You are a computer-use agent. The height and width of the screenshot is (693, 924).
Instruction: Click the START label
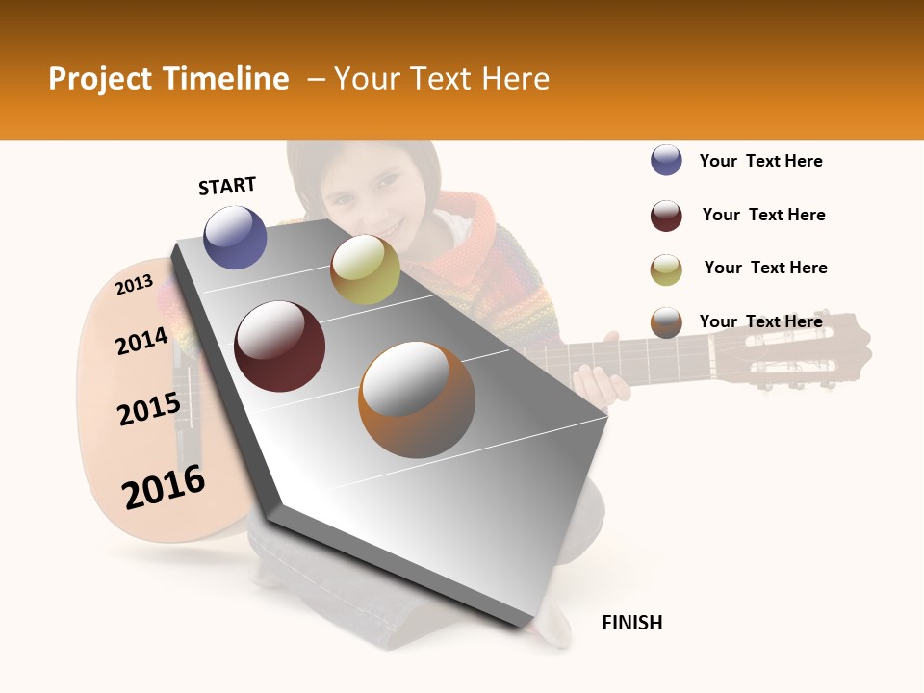(x=227, y=186)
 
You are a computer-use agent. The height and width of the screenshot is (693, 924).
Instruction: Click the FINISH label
(x=632, y=623)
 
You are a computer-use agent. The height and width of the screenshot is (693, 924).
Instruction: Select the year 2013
(x=134, y=284)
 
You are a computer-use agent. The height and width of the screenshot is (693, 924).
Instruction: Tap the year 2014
(x=141, y=341)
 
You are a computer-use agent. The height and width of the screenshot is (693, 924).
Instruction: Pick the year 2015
(x=149, y=409)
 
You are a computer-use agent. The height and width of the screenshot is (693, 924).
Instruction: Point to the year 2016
(x=164, y=487)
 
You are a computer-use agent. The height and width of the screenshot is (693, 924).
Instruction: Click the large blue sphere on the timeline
(x=235, y=238)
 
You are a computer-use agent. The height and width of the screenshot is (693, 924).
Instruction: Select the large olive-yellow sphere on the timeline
(x=365, y=269)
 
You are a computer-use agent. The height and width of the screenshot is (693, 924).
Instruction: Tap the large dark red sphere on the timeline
(x=280, y=346)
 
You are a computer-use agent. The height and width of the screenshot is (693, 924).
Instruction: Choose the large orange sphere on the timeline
(x=417, y=399)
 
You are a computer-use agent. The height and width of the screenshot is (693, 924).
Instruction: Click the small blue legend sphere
(x=666, y=161)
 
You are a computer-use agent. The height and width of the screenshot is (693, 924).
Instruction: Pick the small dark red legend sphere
(x=666, y=216)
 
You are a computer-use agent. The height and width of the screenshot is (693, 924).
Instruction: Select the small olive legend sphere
(x=666, y=269)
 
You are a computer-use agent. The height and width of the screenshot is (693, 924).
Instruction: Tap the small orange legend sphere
(x=666, y=322)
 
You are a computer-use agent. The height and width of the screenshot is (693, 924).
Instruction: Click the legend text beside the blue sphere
(x=761, y=161)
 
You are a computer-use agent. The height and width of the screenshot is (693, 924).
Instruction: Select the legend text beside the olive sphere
(x=766, y=268)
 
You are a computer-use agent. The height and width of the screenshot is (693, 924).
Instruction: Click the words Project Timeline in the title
(x=168, y=79)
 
